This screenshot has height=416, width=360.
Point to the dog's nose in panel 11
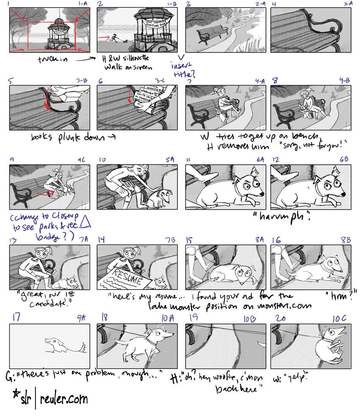[262, 193]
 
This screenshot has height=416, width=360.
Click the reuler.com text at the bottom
[64, 399]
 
